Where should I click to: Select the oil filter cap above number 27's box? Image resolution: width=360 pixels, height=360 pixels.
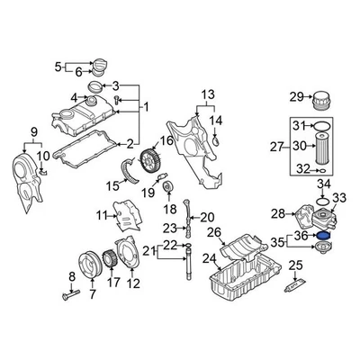click(323, 98)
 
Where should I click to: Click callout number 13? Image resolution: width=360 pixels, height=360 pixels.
click(208, 94)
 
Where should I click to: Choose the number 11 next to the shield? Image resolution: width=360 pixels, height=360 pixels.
click(103, 214)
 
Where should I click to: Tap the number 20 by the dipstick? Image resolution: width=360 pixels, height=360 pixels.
click(207, 217)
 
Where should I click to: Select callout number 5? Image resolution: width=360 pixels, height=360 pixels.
click(59, 67)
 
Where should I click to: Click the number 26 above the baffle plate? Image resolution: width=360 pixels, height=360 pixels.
click(214, 233)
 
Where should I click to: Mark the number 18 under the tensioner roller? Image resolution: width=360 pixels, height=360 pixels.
click(168, 209)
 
